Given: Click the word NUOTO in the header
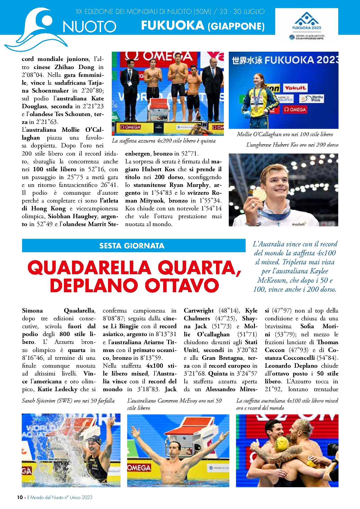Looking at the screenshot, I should tap(89, 27).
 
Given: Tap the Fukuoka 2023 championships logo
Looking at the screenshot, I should tap(307, 26).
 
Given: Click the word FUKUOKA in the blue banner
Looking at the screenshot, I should tap(172, 26).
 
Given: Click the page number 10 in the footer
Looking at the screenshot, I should tap(20, 497).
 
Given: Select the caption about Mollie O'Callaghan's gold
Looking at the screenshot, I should tap(285, 134).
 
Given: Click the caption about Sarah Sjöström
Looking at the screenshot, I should tap(68, 401).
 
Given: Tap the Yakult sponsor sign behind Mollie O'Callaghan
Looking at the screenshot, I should tap(295, 88).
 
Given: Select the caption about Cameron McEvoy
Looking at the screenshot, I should tap(174, 404).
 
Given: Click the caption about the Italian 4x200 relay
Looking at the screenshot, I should tap(164, 141).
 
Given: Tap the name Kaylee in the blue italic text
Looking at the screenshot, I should tap(319, 271).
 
